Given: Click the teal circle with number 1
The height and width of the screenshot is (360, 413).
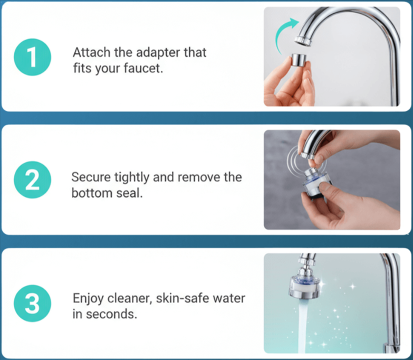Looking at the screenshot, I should coord(32,58).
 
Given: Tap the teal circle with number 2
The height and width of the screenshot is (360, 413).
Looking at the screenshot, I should coord(32,182).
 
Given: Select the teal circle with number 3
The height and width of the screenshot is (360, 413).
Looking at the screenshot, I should coord(32,305).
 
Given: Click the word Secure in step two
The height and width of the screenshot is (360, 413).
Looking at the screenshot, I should coord(89,177).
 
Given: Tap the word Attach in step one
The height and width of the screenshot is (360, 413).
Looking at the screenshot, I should coord(88,53).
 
